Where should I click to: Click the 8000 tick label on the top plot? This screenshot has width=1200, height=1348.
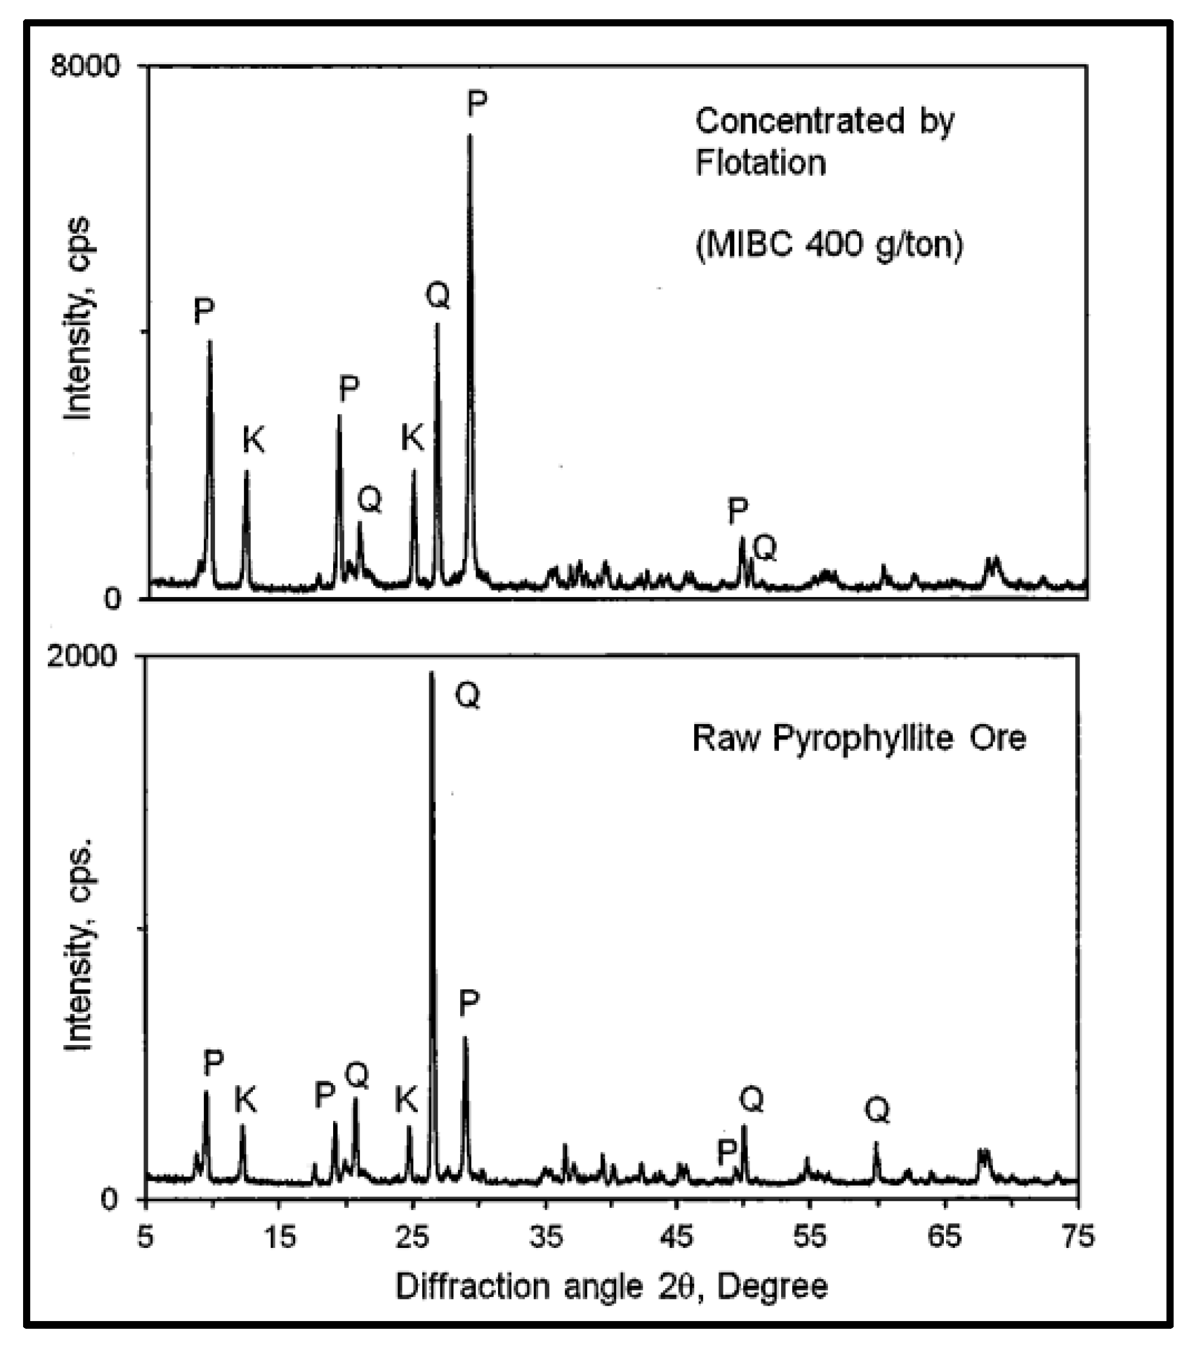[x=85, y=67]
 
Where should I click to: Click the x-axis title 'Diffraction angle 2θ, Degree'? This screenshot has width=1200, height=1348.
[x=611, y=1286]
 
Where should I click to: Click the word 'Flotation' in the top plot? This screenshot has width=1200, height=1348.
[x=761, y=162]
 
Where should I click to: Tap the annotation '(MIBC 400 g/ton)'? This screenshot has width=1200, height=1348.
[x=830, y=245]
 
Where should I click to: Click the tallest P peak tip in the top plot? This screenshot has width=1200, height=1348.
[x=470, y=136]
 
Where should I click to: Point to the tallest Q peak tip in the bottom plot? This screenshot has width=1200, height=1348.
[x=432, y=673]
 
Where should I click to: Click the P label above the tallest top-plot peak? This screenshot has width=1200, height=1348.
[x=477, y=103]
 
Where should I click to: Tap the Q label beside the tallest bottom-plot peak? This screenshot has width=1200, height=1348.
[x=468, y=695]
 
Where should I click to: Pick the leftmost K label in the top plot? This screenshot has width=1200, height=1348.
[x=254, y=440]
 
